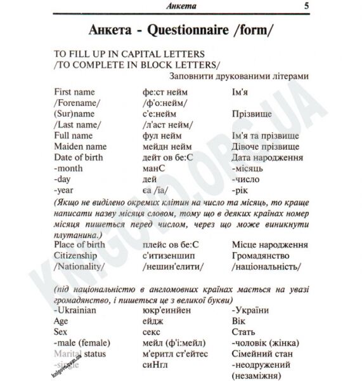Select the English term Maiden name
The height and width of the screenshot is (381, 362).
click(x=80, y=147)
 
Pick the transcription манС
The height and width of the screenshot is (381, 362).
click(x=156, y=168)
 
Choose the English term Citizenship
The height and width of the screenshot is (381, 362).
click(x=78, y=255)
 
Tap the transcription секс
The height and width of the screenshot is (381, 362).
click(x=153, y=332)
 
